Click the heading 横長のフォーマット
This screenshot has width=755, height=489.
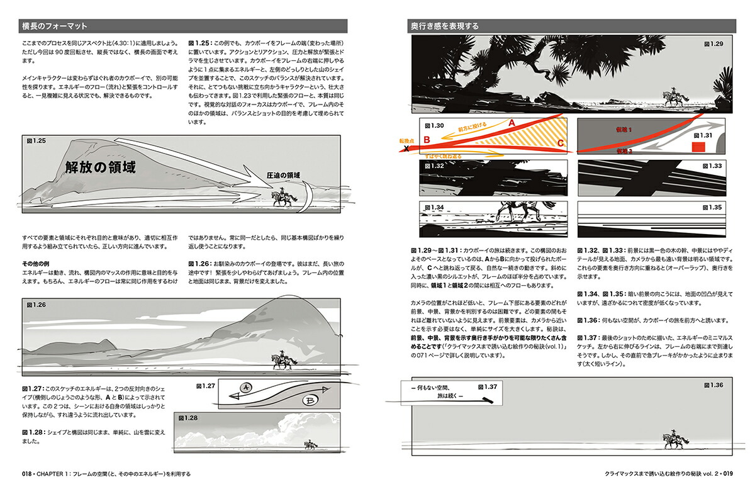click(53, 26)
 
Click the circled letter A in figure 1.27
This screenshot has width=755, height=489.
click(247, 388)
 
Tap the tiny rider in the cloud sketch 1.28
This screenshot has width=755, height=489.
click(310, 444)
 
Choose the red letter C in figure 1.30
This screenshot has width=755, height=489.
click(560, 143)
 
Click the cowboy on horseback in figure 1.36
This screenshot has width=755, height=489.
click(671, 436)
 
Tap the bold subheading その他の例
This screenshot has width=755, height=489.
click(35, 263)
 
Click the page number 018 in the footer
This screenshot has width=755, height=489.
click(27, 474)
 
